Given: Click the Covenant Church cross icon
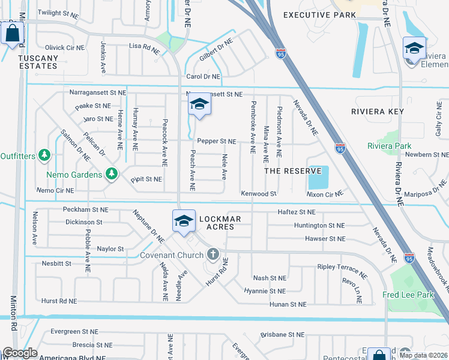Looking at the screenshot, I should tap(212, 254).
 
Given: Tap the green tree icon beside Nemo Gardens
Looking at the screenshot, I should tap(111, 174).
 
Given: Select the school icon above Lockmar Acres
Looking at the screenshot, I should tap(184, 220).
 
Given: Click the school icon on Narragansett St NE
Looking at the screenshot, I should tap(199, 104).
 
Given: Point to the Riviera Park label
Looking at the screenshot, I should tap(389, 146).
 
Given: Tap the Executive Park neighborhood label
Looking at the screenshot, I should tap(316, 15).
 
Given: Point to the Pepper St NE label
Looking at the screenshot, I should tap(216, 142).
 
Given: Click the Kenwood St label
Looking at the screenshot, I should tap(258, 194).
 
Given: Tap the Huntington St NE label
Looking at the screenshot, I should tap(319, 226).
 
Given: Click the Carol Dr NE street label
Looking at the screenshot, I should tap(203, 77).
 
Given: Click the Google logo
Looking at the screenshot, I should tap(19, 353).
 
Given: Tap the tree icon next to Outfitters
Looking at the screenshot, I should tap(44, 155).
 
